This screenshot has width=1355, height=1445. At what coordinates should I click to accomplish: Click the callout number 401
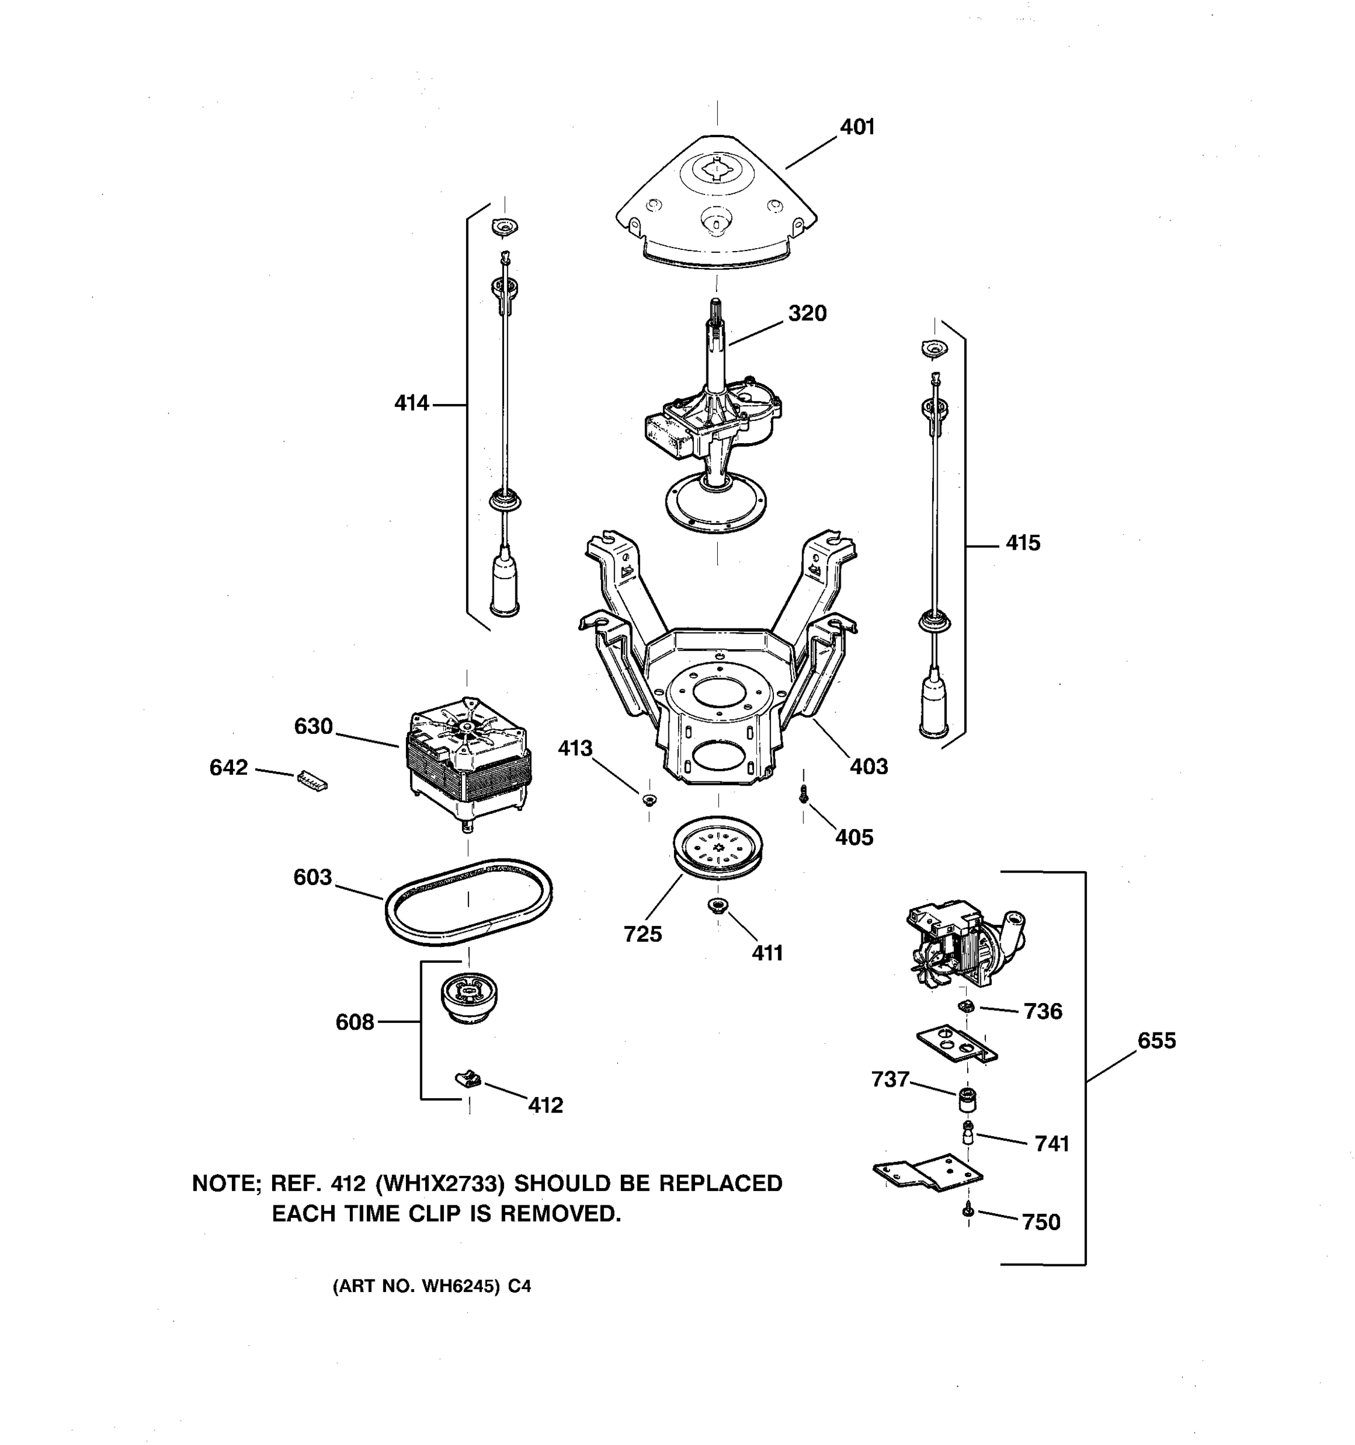click(x=857, y=127)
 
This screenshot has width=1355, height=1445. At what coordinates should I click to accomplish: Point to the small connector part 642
click(x=312, y=781)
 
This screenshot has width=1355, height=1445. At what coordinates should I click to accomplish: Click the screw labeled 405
click(x=803, y=795)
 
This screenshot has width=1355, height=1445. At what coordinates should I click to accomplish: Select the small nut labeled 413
click(x=649, y=800)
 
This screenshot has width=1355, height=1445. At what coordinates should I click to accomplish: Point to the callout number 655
click(x=1156, y=1041)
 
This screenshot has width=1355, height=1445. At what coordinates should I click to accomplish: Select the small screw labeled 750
click(x=968, y=1210)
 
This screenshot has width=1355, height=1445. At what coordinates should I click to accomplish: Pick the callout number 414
click(x=411, y=403)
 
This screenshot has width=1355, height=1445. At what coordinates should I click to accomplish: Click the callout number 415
click(x=1023, y=543)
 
